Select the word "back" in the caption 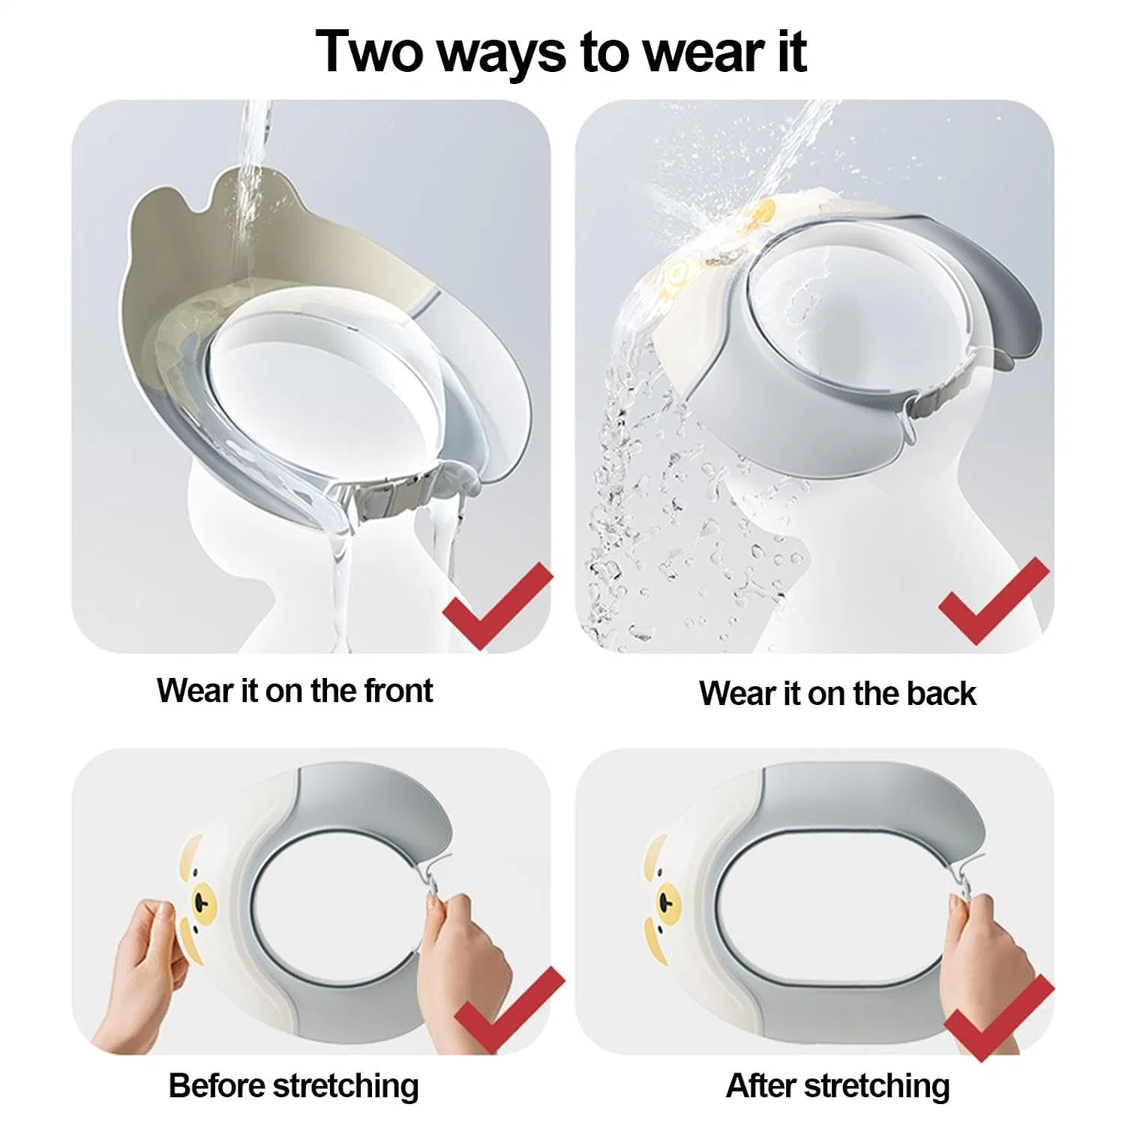941,693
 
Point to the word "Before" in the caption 217,1085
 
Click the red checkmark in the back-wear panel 994,600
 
